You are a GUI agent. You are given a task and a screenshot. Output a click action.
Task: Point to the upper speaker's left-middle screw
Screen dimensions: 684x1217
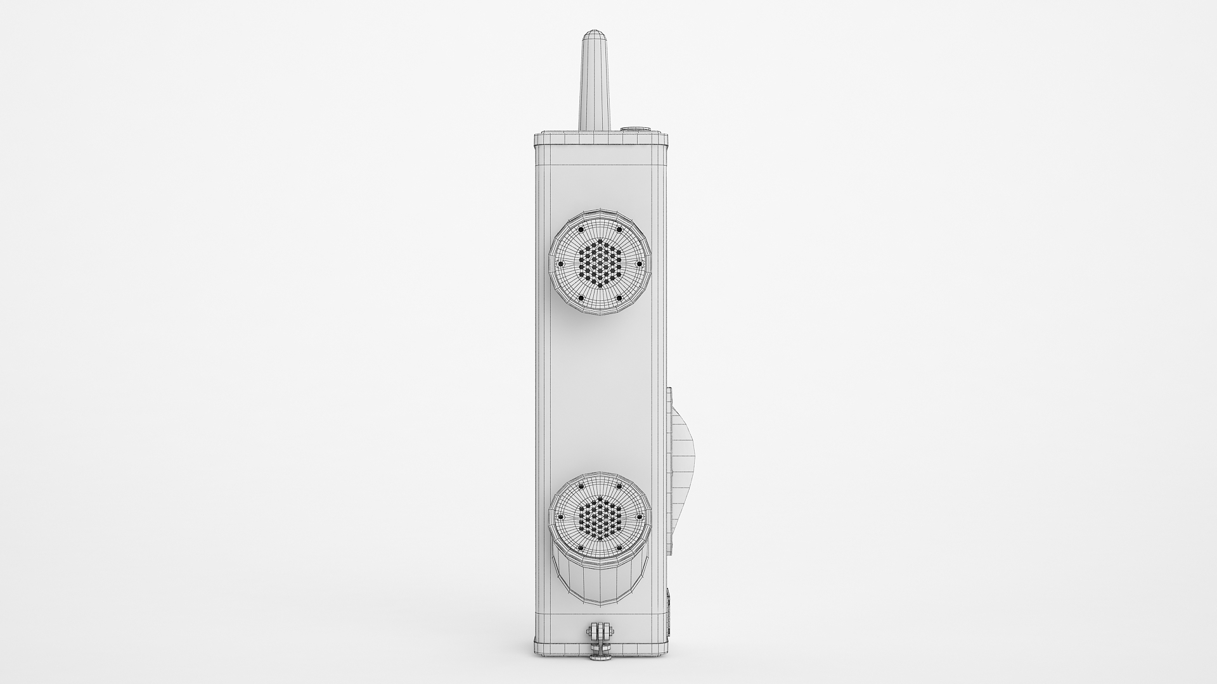560,264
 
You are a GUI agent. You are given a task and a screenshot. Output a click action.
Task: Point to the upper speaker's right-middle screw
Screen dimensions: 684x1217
639,263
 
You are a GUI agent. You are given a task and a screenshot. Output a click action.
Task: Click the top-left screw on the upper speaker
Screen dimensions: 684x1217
580,229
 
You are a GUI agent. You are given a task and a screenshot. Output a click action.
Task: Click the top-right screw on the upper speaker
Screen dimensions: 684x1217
619,229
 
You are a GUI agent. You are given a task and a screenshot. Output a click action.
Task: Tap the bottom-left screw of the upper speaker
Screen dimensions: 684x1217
580,298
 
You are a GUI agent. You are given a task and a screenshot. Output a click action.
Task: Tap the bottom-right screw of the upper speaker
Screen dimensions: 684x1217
619,298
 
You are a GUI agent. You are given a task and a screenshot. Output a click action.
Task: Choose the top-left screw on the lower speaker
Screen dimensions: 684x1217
580,486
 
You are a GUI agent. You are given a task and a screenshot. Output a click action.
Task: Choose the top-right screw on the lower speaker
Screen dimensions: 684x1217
619,486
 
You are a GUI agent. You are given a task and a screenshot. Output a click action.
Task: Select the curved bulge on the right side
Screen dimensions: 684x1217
683,456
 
